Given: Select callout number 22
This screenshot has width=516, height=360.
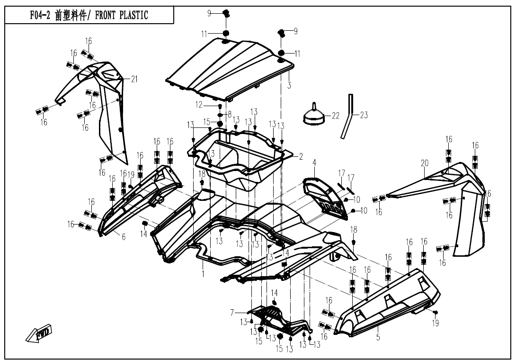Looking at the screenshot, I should [x=336, y=116].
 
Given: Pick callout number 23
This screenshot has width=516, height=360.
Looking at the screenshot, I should [x=364, y=115].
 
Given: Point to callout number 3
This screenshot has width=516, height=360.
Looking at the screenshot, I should [x=289, y=86].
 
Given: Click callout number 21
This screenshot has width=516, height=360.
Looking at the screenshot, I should [x=134, y=79].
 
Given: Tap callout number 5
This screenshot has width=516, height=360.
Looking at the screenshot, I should [x=378, y=338].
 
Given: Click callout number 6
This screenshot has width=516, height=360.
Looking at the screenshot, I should [x=124, y=237].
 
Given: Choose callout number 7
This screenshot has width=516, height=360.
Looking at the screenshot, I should [x=232, y=312].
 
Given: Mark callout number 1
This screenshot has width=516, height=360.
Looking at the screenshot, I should [x=203, y=273].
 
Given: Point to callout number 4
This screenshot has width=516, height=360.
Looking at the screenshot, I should [x=314, y=163].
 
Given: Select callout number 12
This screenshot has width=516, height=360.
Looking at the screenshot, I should [x=199, y=104].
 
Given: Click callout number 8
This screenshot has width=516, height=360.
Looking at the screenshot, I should [x=230, y=114].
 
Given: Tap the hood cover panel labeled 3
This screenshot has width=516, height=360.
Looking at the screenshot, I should [x=227, y=66].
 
